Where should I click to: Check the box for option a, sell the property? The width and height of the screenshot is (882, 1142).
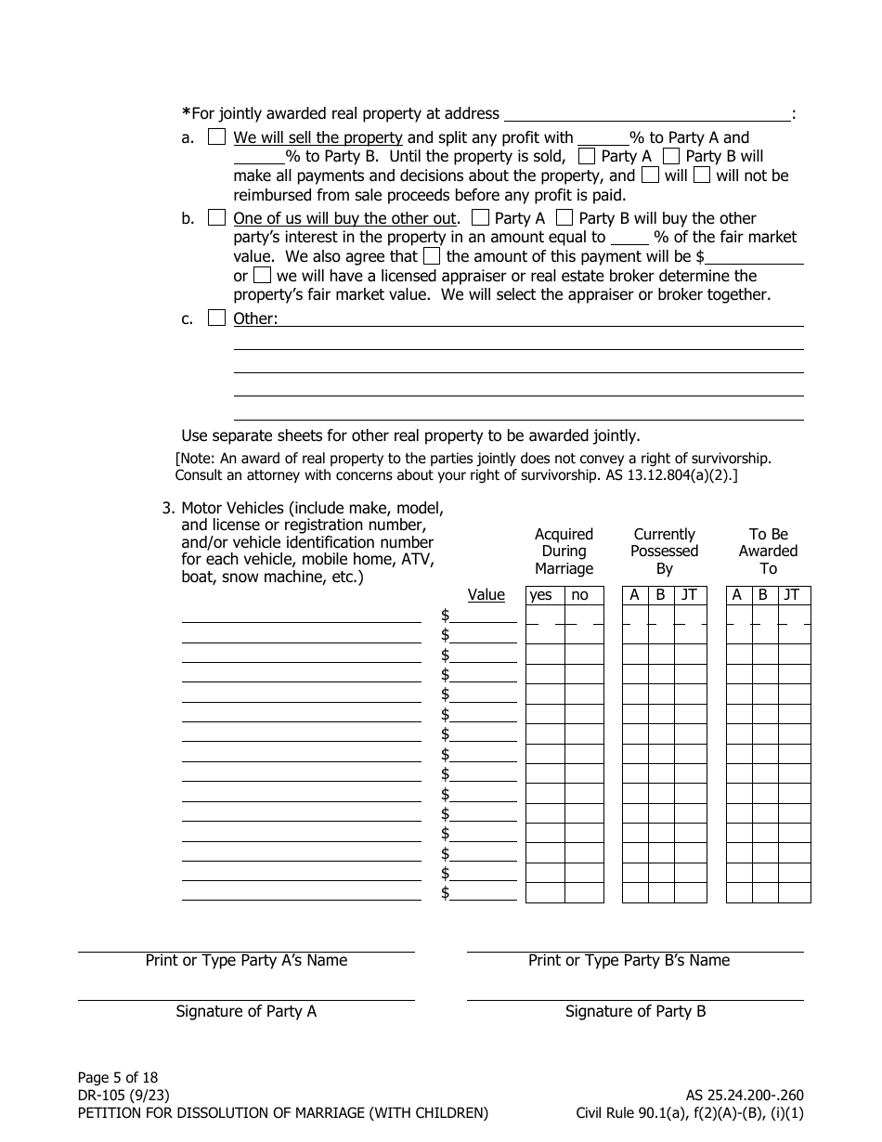(x=216, y=137)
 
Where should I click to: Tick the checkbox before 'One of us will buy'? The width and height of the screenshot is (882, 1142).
(x=216, y=218)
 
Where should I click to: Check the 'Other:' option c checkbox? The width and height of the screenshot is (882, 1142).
(x=216, y=318)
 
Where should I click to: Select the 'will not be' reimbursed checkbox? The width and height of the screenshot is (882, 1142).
(x=703, y=175)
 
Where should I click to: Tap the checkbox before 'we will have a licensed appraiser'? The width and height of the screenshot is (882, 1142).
(x=263, y=276)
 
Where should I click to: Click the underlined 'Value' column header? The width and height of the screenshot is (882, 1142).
(x=486, y=595)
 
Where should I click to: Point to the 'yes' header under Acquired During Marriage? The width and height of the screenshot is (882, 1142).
(x=540, y=595)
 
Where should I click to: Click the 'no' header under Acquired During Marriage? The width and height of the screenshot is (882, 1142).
(x=579, y=595)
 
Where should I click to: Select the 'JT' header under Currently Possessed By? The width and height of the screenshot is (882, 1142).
(x=689, y=595)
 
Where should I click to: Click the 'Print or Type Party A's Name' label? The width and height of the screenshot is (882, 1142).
(x=246, y=961)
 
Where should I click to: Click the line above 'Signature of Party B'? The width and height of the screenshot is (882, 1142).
(x=635, y=999)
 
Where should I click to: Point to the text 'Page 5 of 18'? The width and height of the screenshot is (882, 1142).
(x=118, y=1078)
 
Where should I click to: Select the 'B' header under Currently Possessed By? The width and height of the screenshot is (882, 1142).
(x=660, y=595)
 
